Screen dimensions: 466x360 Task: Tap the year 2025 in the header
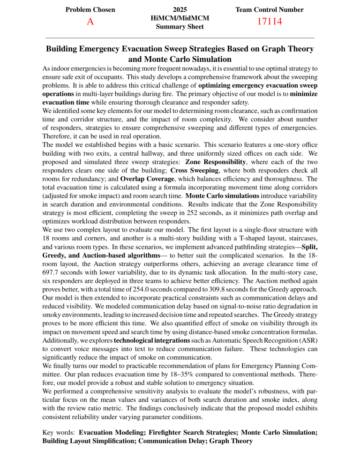click(x=180, y=9)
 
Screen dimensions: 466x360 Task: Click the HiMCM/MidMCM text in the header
click(x=180, y=18)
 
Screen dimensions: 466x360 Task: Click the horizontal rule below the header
click(x=180, y=37)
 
